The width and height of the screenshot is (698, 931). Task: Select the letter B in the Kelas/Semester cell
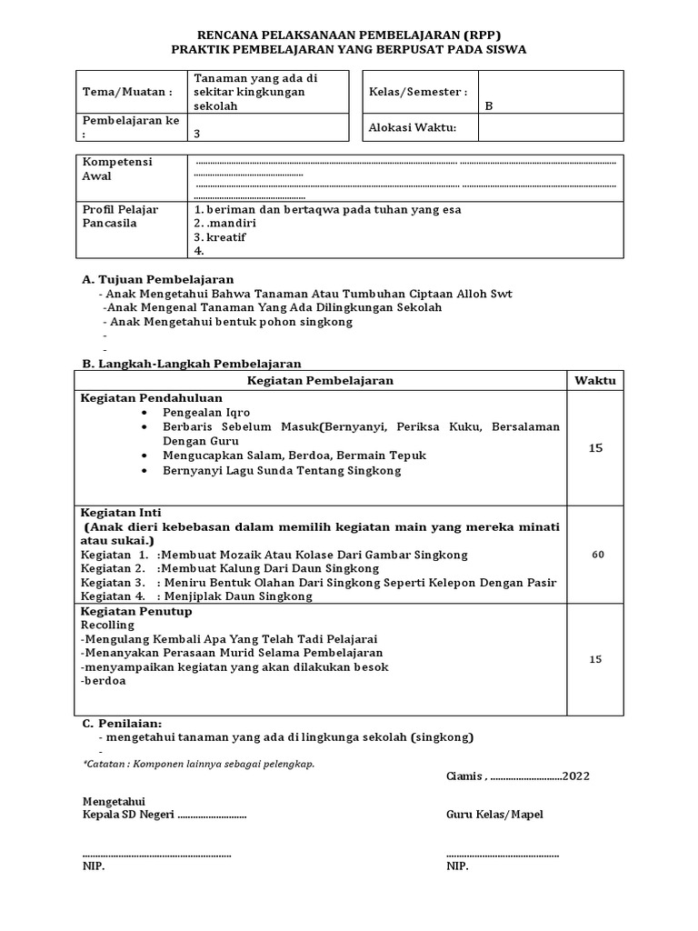pyautogui.click(x=488, y=105)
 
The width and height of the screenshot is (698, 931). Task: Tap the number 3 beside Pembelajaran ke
pyautogui.click(x=197, y=134)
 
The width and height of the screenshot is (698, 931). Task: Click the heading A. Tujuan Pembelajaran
pyautogui.click(x=158, y=279)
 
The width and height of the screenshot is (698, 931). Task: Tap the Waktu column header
pyautogui.click(x=595, y=380)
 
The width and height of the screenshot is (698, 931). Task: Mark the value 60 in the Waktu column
pyautogui.click(x=598, y=555)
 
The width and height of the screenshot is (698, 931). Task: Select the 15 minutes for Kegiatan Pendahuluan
pyautogui.click(x=595, y=448)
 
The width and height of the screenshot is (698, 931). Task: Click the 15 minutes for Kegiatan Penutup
pyautogui.click(x=595, y=659)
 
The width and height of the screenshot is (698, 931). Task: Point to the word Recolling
pyautogui.click(x=107, y=626)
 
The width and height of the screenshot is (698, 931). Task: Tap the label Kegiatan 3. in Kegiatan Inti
pyautogui.click(x=113, y=582)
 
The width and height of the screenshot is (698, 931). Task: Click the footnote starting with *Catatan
pyautogui.click(x=198, y=765)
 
